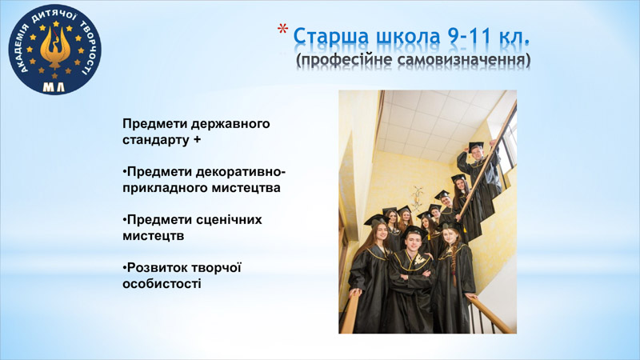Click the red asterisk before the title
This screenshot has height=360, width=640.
(x=282, y=29)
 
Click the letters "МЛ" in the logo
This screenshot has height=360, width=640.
(x=54, y=87)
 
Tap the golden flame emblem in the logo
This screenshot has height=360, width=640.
(x=55, y=46)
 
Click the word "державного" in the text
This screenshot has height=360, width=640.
(x=230, y=124)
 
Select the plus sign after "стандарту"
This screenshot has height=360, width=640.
(x=197, y=139)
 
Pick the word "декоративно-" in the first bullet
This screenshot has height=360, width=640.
(x=241, y=172)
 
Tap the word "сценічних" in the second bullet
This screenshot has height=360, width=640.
(x=229, y=220)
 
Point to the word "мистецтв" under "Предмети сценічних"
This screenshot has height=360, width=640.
(x=154, y=236)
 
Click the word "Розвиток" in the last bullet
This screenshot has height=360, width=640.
(x=157, y=268)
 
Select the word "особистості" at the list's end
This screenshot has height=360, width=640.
(x=162, y=284)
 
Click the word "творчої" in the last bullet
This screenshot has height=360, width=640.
(x=216, y=268)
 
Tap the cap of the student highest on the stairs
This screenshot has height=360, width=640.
(x=476, y=146)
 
